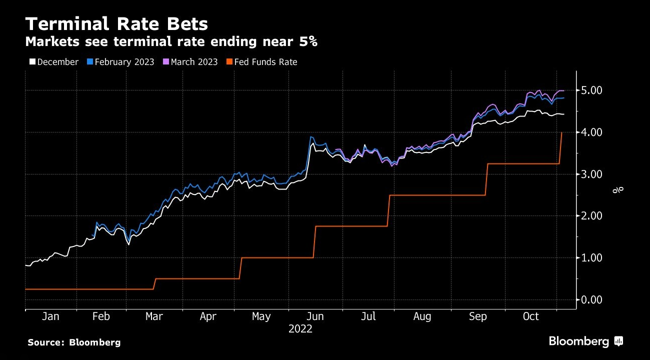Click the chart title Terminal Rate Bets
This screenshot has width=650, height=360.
tap(116, 24)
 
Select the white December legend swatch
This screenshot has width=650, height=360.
tap(32, 62)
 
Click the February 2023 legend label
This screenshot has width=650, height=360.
tap(124, 62)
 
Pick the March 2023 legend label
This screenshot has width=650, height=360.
tap(194, 62)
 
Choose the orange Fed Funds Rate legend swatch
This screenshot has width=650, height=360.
tap(229, 62)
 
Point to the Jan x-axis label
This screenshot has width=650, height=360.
tap(50, 316)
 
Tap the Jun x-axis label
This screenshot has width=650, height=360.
tap(315, 316)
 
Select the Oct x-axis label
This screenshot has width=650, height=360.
tap(531, 316)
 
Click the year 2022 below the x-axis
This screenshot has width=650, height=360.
tap(300, 329)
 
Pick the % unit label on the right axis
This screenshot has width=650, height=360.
tap(619, 189)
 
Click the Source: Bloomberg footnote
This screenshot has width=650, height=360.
tap(74, 342)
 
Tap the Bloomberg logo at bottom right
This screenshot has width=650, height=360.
tap(585, 341)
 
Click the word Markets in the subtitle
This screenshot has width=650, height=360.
tap(52, 42)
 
